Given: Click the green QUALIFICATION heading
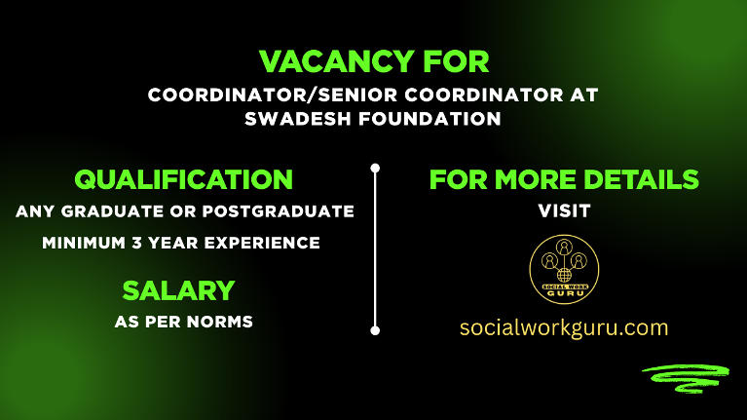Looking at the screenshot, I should pyautogui.click(x=184, y=180).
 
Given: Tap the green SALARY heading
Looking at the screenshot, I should pyautogui.click(x=178, y=290).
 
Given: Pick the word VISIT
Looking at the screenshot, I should pyautogui.click(x=564, y=210).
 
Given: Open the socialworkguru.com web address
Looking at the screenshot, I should pyautogui.click(x=564, y=327).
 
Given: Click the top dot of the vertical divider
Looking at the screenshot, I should pyautogui.click(x=375, y=168).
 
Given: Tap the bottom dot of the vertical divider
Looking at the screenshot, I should pyautogui.click(x=375, y=330).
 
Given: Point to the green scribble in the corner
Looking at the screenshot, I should pyautogui.click(x=684, y=377).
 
